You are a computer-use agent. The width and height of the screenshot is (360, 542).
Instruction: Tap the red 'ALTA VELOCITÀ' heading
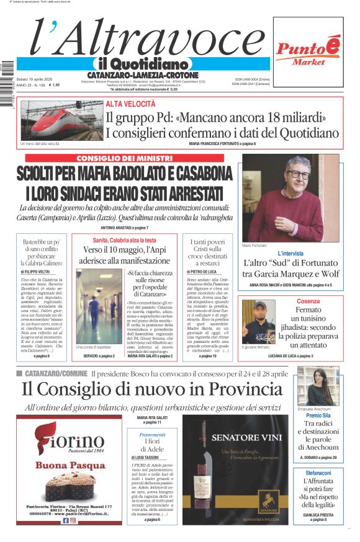point(130,104)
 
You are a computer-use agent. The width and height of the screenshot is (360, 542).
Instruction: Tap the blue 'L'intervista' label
point(290,254)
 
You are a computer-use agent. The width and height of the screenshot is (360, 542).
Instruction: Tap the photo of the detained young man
point(258,321)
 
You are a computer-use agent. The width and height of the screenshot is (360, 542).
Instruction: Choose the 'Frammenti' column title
point(152,435)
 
